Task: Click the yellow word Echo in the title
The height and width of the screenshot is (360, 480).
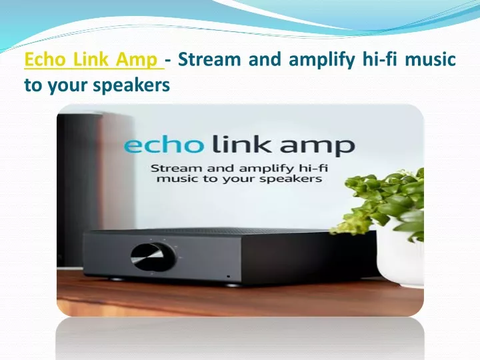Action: (x=45, y=59)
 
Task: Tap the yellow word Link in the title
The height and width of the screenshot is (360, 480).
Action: (x=91, y=59)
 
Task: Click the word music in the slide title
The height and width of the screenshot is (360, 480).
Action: (x=431, y=59)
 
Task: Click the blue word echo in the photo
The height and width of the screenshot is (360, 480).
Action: (x=164, y=145)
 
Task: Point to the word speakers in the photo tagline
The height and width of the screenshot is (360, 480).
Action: (x=291, y=179)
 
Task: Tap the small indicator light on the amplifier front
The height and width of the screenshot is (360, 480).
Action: (x=229, y=277)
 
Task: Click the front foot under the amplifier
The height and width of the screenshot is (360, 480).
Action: (x=233, y=285)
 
